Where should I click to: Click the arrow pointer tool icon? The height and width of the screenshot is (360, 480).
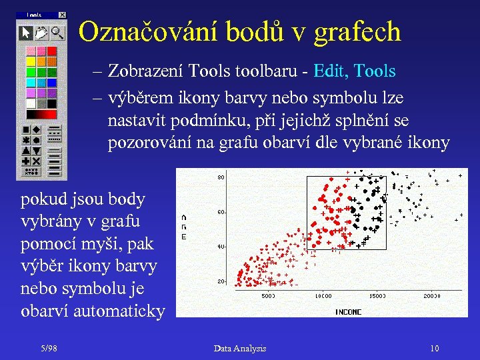[x=26, y=32]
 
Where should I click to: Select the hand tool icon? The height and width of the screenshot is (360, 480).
[x=41, y=32]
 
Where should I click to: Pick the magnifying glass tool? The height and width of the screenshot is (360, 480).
[x=57, y=32]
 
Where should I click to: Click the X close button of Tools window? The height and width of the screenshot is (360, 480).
[x=62, y=15]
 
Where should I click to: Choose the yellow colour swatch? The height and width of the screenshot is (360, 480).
[x=31, y=62]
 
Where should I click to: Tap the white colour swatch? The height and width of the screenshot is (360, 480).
[x=31, y=103]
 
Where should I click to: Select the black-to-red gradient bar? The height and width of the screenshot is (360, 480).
[x=41, y=115]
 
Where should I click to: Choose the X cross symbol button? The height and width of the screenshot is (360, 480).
[x=36, y=161]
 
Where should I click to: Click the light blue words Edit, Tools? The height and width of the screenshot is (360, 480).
[x=354, y=71]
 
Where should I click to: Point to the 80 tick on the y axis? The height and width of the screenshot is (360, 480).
[x=220, y=178]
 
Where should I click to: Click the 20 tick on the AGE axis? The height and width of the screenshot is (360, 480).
[x=220, y=281]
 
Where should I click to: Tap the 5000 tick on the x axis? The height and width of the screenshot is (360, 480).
[x=268, y=295]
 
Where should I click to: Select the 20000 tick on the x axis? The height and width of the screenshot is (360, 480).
[x=431, y=295]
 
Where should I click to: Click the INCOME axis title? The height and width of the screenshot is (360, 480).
[x=348, y=311]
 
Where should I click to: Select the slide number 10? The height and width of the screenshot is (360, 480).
[x=434, y=348]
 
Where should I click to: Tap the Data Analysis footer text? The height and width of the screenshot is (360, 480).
[x=239, y=348]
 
